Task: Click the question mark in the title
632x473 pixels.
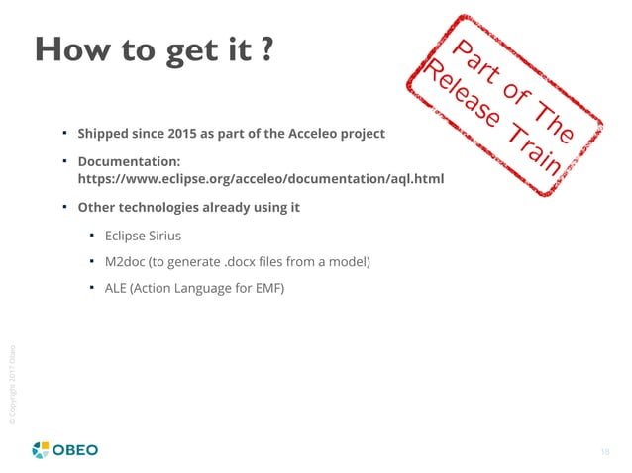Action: [x=267, y=50]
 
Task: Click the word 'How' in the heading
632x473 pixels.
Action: [x=70, y=50]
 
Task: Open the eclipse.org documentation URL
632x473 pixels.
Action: [x=261, y=179]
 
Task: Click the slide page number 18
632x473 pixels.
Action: [x=604, y=451]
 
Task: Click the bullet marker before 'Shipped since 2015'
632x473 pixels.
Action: [x=62, y=131]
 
